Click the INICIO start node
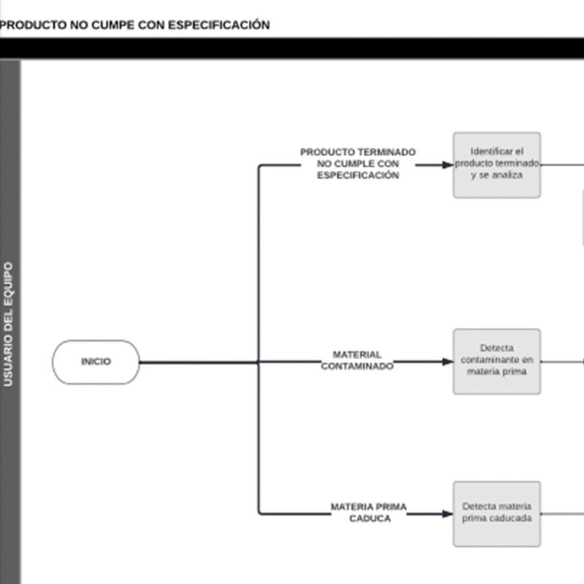point(96,361)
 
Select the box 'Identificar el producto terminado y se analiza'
point(497,165)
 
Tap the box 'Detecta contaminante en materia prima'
point(497,361)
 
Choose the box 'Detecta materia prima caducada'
point(497,514)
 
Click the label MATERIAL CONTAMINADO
point(357,360)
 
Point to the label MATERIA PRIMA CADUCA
point(369,512)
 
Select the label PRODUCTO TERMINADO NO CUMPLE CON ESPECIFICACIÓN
point(358,164)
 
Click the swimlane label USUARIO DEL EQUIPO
point(8,324)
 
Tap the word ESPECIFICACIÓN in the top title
point(219,25)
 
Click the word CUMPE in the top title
point(113,25)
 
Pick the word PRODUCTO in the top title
point(34,25)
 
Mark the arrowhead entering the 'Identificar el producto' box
point(447,165)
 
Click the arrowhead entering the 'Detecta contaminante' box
point(447,361)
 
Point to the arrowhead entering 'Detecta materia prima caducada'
point(447,514)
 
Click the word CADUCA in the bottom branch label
point(370,518)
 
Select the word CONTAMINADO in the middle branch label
point(357,366)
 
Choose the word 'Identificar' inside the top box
point(487,151)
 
